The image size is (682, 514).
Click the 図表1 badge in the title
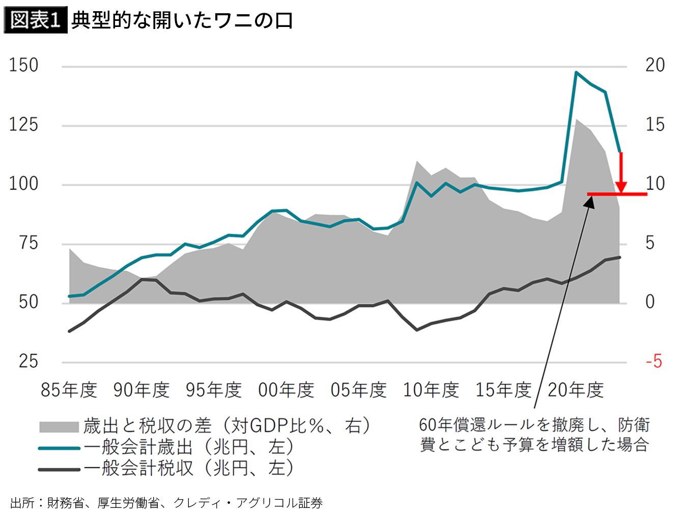pos(35,21)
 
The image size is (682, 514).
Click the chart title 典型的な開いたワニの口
pos(182,21)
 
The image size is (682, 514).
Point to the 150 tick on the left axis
pos(24,66)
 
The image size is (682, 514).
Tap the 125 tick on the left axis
pos(24,125)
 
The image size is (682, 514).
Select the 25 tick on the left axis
pos(29,361)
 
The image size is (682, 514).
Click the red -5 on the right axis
pos(654,361)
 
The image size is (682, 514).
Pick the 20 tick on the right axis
pos(655,65)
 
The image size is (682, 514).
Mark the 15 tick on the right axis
pos(655,125)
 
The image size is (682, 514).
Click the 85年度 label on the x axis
pos(69,390)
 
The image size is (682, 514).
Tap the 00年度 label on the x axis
pos(287,390)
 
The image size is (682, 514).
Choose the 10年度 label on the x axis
pos(431,390)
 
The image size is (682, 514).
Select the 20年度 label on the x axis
pos(576,390)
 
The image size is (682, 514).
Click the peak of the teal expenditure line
pos(576,72)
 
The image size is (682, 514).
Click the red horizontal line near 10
pos(617,194)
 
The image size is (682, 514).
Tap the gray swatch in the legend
pos(59,427)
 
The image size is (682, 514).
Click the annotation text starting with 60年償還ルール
pos(534,435)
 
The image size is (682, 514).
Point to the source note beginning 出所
pos(166,503)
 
